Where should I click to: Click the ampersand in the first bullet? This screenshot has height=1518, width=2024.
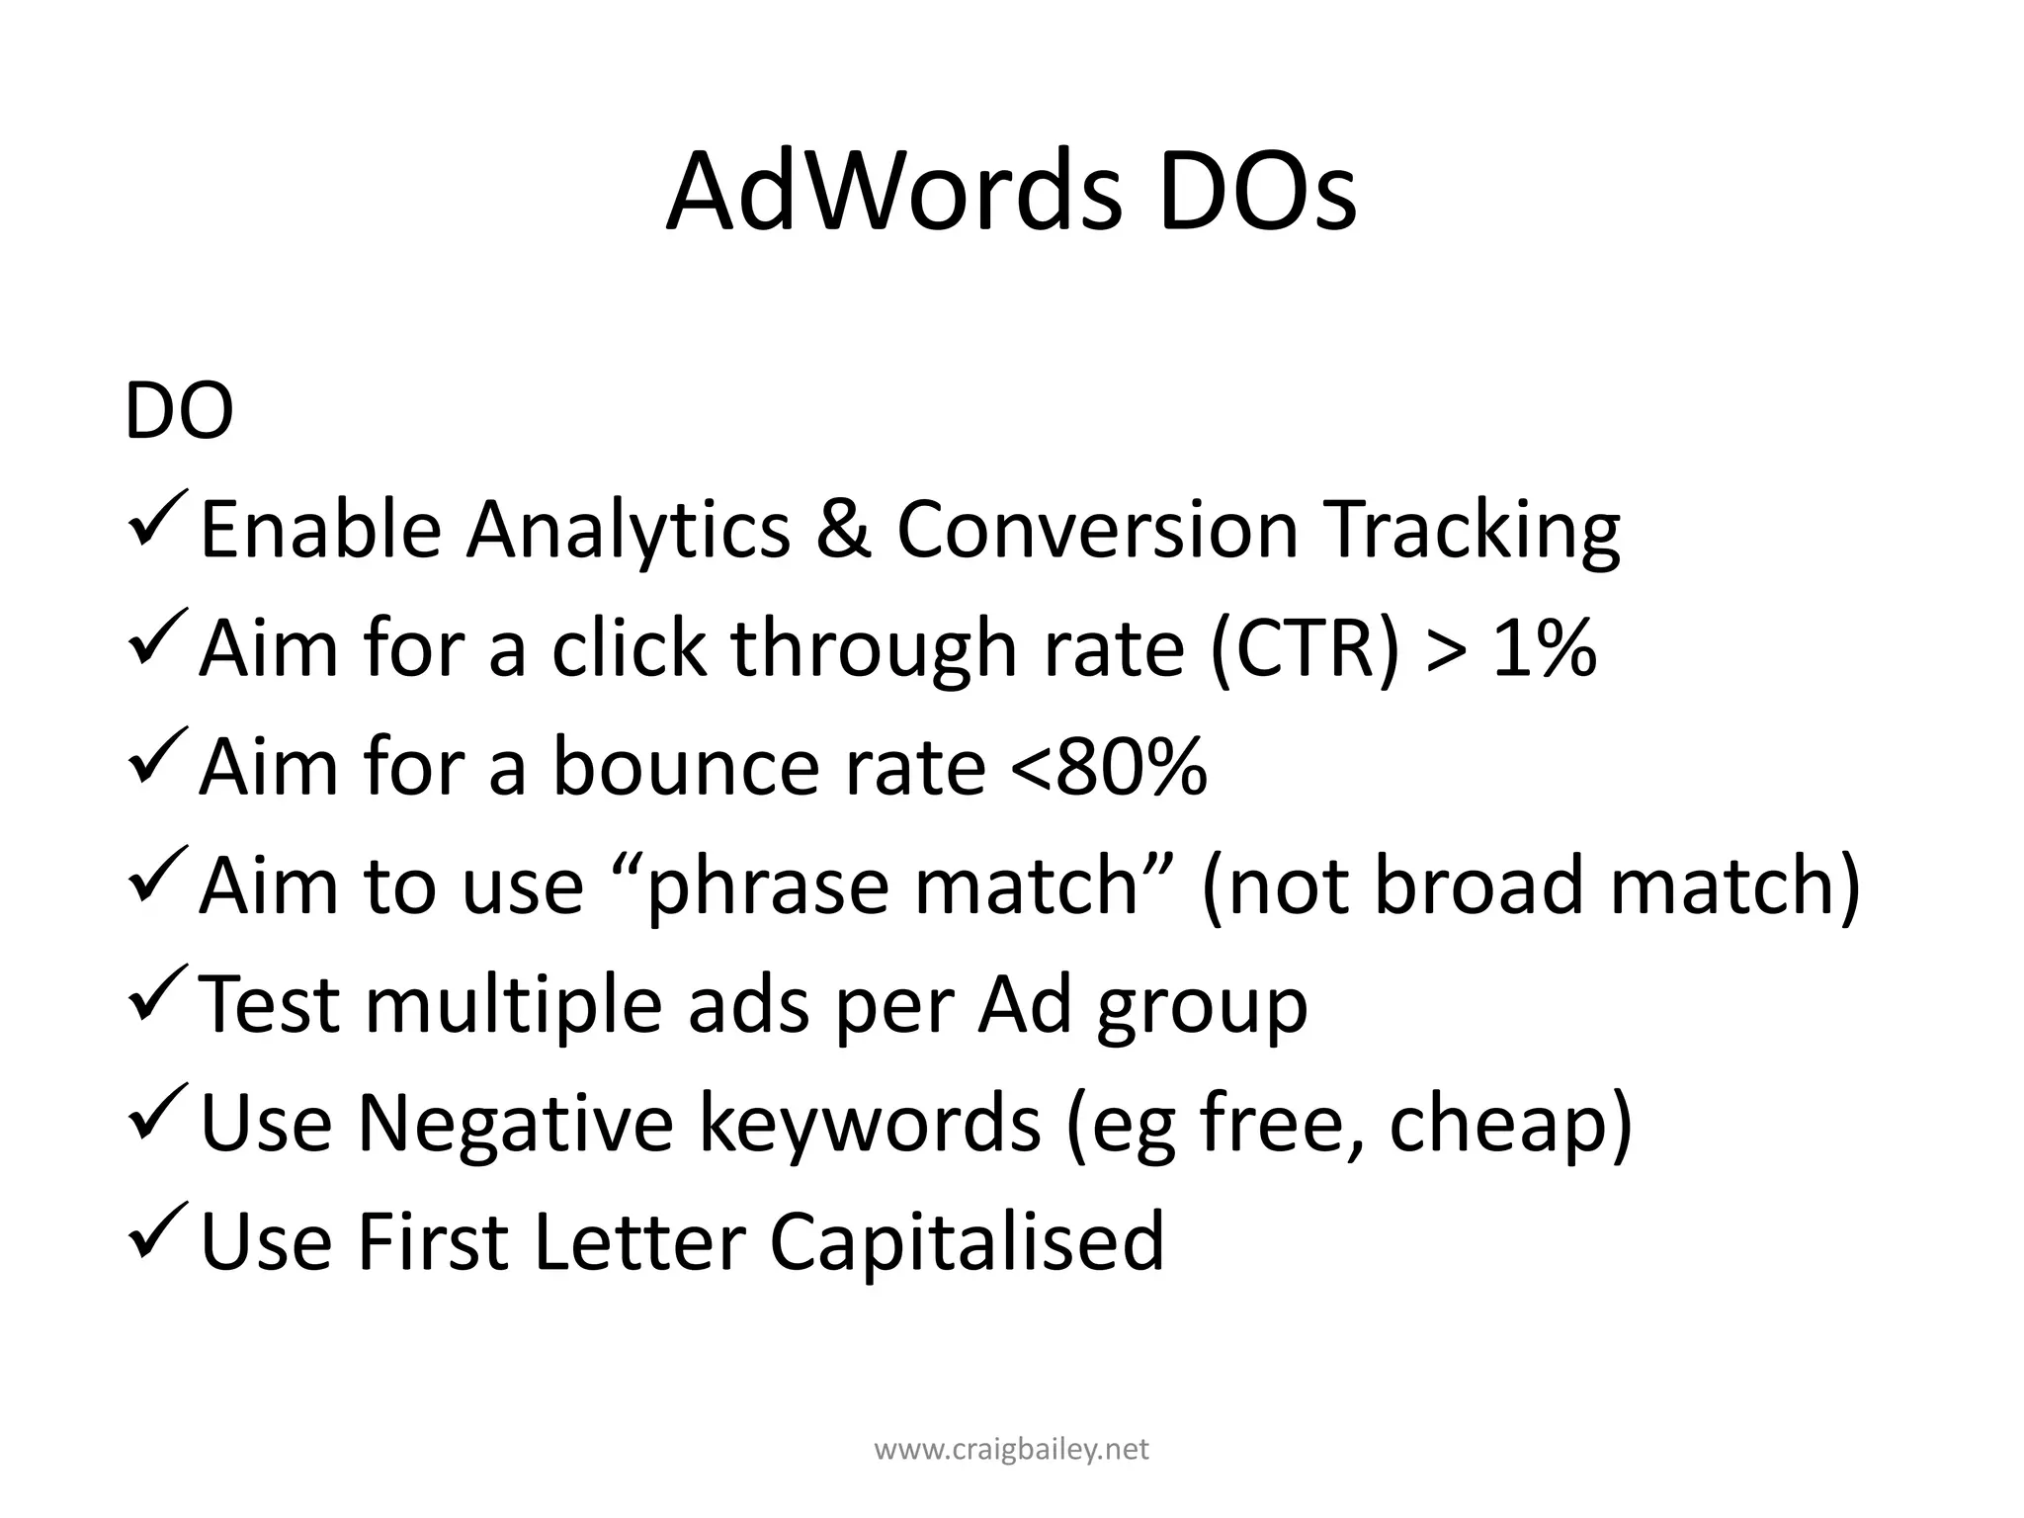pos(843,530)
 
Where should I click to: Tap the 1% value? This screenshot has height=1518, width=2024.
pos(1545,650)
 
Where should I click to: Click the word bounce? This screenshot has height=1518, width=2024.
pos(682,768)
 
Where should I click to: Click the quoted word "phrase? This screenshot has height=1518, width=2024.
pos(760,886)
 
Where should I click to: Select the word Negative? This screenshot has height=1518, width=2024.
pos(515,1124)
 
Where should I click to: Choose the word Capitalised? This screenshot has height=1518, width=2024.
pos(967,1243)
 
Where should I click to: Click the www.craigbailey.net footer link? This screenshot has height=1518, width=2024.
pos(1012,1450)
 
